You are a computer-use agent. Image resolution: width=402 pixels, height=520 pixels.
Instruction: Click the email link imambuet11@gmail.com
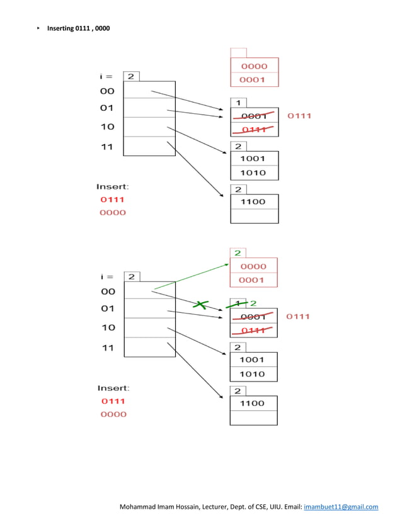click(x=341, y=507)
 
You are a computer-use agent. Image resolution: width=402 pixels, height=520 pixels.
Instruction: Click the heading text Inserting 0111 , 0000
click(x=78, y=28)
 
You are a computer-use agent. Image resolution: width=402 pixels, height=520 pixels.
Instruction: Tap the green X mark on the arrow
click(x=200, y=305)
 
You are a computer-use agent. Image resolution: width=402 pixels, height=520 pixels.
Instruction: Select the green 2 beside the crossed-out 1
click(x=253, y=303)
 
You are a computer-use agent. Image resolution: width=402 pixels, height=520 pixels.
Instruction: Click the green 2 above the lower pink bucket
click(x=238, y=253)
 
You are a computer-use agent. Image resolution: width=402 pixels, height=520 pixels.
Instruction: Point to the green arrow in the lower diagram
click(x=192, y=276)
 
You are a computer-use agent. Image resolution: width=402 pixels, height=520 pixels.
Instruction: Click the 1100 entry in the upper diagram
click(x=253, y=201)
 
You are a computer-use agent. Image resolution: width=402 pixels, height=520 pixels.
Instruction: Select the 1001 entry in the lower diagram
click(x=252, y=359)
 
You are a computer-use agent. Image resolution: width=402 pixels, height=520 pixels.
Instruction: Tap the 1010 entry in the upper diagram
click(x=253, y=172)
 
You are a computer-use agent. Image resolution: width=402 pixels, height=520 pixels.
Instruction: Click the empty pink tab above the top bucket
click(x=239, y=53)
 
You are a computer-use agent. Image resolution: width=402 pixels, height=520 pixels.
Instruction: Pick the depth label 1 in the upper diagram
click(x=238, y=103)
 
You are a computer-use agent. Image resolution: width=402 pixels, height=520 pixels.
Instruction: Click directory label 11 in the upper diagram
click(x=107, y=147)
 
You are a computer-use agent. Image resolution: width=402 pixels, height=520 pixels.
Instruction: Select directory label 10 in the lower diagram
click(x=108, y=327)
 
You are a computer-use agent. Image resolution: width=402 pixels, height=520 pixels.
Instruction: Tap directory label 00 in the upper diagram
click(x=107, y=91)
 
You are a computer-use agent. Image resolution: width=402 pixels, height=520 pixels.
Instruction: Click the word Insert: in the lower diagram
click(x=113, y=388)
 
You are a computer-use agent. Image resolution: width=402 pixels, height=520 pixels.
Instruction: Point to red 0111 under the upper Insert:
click(x=112, y=200)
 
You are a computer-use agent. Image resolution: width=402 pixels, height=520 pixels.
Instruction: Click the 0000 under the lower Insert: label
click(x=113, y=414)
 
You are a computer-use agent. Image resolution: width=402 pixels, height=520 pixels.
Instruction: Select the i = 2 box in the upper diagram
click(x=131, y=76)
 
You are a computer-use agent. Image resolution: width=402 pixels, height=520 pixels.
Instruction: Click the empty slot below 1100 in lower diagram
click(x=254, y=418)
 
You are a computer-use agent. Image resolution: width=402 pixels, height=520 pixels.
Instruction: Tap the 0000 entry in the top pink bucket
click(x=255, y=66)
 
